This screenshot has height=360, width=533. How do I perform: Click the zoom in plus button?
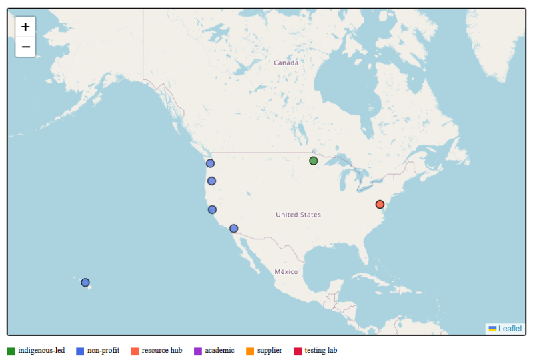25,27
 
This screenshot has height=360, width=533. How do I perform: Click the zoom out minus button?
25,47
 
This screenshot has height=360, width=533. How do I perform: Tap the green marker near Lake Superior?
314,161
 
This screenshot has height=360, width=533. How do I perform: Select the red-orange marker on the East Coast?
380,204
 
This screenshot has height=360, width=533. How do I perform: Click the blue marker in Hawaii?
85,283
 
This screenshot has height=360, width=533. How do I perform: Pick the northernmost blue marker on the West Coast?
210,163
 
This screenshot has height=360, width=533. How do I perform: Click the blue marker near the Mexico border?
233,229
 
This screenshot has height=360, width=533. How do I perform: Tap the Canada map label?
286,63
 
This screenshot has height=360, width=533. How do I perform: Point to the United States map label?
298,215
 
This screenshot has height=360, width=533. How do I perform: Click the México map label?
286,272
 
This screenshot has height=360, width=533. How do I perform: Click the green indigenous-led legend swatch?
11,351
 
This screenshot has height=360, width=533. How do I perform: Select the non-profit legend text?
103,351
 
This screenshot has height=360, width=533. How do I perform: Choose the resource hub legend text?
162,351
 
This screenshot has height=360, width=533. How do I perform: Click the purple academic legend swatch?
198,351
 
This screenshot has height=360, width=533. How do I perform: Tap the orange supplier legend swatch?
250,351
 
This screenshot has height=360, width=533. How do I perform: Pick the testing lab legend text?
321,351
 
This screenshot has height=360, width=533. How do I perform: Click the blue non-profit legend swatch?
80,351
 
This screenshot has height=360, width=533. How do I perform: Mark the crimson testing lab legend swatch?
298,351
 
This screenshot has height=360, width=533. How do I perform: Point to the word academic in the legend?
219,351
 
